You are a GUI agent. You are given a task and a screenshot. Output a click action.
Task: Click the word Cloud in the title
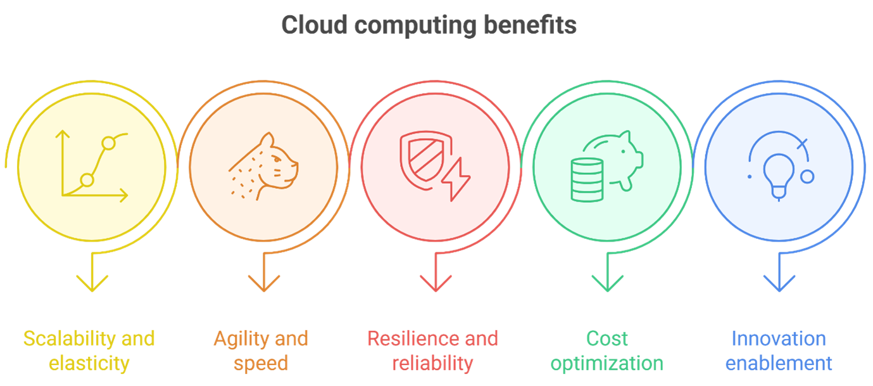tap(314, 25)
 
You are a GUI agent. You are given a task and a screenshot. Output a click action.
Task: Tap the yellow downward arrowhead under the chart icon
tap(92, 282)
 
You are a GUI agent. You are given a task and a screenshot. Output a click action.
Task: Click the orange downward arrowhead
tap(264, 282)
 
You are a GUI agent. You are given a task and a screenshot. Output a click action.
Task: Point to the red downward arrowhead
tap(436, 282)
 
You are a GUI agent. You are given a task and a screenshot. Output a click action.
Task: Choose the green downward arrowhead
tap(608, 282)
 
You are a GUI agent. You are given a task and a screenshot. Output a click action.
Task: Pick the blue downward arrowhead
tap(779, 282)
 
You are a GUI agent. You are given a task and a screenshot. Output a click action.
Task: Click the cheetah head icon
tap(265, 165)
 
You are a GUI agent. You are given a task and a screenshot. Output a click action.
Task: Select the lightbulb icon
tap(778, 175)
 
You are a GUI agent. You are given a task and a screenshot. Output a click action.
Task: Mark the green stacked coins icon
tap(587, 181)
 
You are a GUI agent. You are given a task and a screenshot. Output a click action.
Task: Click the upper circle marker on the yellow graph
tap(108, 143)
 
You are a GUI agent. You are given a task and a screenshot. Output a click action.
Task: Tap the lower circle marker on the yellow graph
tap(87, 181)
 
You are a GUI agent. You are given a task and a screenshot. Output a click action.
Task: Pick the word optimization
tap(606, 364)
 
